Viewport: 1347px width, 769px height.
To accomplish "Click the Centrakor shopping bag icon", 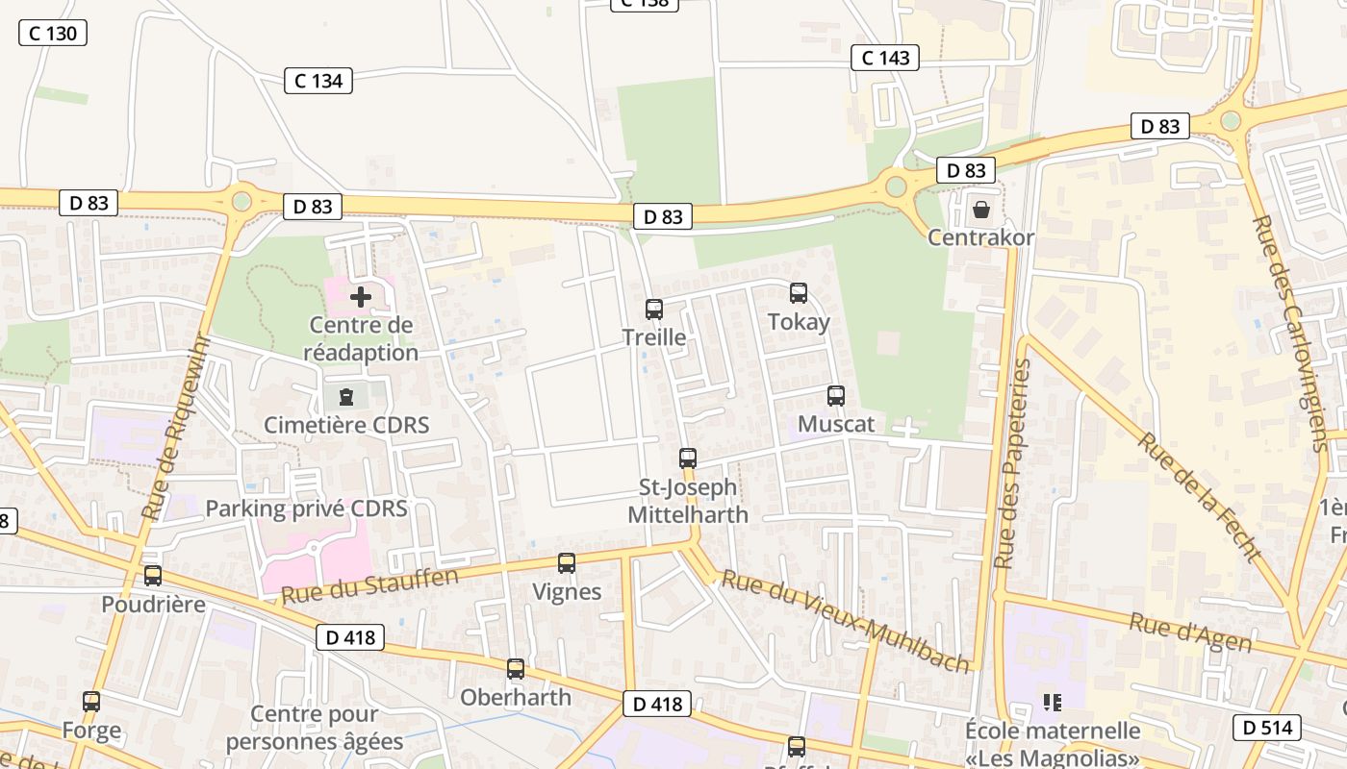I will [x=980, y=209].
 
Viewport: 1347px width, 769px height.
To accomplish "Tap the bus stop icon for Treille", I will [x=654, y=310].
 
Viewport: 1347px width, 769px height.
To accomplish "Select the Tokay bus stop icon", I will [x=799, y=293].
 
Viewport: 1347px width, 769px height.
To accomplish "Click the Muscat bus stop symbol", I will [x=836, y=395].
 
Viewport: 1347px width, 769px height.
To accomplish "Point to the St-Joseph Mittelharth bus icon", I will [x=687, y=459].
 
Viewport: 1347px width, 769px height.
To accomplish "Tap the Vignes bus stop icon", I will [x=567, y=563].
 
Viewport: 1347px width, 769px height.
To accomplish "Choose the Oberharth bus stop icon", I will [x=516, y=669].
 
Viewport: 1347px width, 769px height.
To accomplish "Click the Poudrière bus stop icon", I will [x=153, y=576].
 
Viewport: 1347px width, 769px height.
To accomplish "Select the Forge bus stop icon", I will [x=91, y=702].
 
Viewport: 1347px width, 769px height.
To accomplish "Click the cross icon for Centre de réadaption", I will [x=361, y=297].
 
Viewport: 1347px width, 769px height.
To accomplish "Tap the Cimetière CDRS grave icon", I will [x=346, y=396].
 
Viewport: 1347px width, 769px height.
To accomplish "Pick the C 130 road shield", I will [x=53, y=34].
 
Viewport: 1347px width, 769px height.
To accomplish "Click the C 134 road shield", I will [x=318, y=81].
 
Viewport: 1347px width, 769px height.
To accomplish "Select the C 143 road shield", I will [x=885, y=58].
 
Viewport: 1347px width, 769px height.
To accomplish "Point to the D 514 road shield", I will [x=1267, y=728].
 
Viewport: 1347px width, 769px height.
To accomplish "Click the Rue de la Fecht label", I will [x=1199, y=496].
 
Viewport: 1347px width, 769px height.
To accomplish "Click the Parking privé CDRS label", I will [x=306, y=509].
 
